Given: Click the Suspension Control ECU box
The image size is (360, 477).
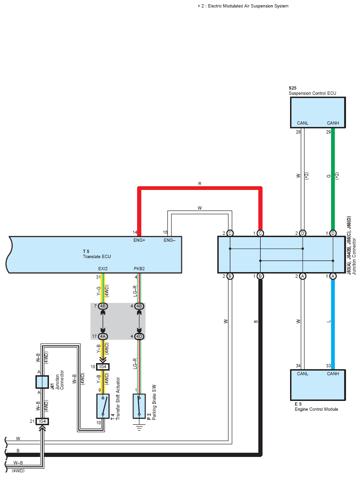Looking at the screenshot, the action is pyautogui.click(x=318, y=112).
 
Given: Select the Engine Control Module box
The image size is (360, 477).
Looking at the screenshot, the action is pyautogui.click(x=318, y=385).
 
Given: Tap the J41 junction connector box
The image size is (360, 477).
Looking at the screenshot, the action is pyautogui.click(x=42, y=382).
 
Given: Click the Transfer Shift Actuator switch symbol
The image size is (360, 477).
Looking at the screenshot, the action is pyautogui.click(x=103, y=406).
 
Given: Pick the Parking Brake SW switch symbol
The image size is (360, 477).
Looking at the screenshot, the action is pyautogui.click(x=139, y=406).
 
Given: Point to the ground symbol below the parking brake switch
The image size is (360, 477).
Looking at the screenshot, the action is pyautogui.click(x=139, y=428).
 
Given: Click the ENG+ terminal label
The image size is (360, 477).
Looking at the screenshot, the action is pyautogui.click(x=139, y=240).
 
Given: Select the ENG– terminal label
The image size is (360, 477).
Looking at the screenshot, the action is pyautogui.click(x=169, y=240).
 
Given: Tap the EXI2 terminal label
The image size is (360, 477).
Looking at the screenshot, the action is pyautogui.click(x=103, y=269).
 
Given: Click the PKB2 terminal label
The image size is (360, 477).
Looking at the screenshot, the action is pyautogui.click(x=139, y=269).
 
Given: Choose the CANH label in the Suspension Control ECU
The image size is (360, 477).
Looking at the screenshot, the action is pyautogui.click(x=333, y=123).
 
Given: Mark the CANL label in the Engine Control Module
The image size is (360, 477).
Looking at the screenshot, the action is pyautogui.click(x=303, y=373).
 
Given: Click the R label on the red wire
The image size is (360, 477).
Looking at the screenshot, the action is pyautogui.click(x=200, y=184).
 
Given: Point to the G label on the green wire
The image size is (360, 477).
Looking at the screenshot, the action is pyautogui.click(x=329, y=176).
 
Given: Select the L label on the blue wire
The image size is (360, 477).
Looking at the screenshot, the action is pyautogui.click(x=329, y=321).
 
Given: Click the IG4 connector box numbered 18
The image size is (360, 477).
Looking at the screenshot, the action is pyautogui.click(x=103, y=366).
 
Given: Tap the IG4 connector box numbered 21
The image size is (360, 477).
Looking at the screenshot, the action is pyautogui.click(x=42, y=421).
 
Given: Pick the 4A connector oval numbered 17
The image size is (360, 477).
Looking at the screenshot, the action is pyautogui.click(x=103, y=336).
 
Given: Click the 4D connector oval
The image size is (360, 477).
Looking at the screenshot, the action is pyautogui.click(x=139, y=336).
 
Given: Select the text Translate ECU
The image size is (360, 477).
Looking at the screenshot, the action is pyautogui.click(x=97, y=256).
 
